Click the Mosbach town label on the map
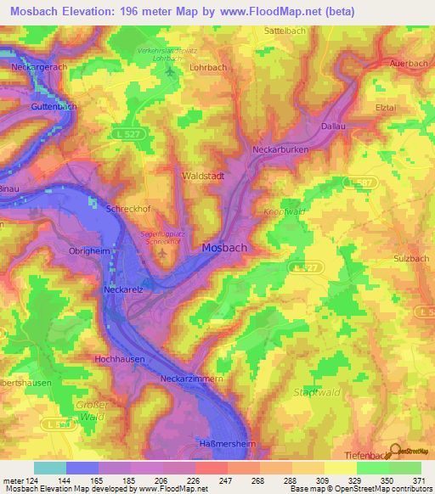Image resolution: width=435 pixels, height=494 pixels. tap(225, 249)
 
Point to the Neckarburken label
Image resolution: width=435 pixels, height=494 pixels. tap(280, 149)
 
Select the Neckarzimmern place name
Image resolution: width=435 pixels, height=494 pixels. tap(193, 379)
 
